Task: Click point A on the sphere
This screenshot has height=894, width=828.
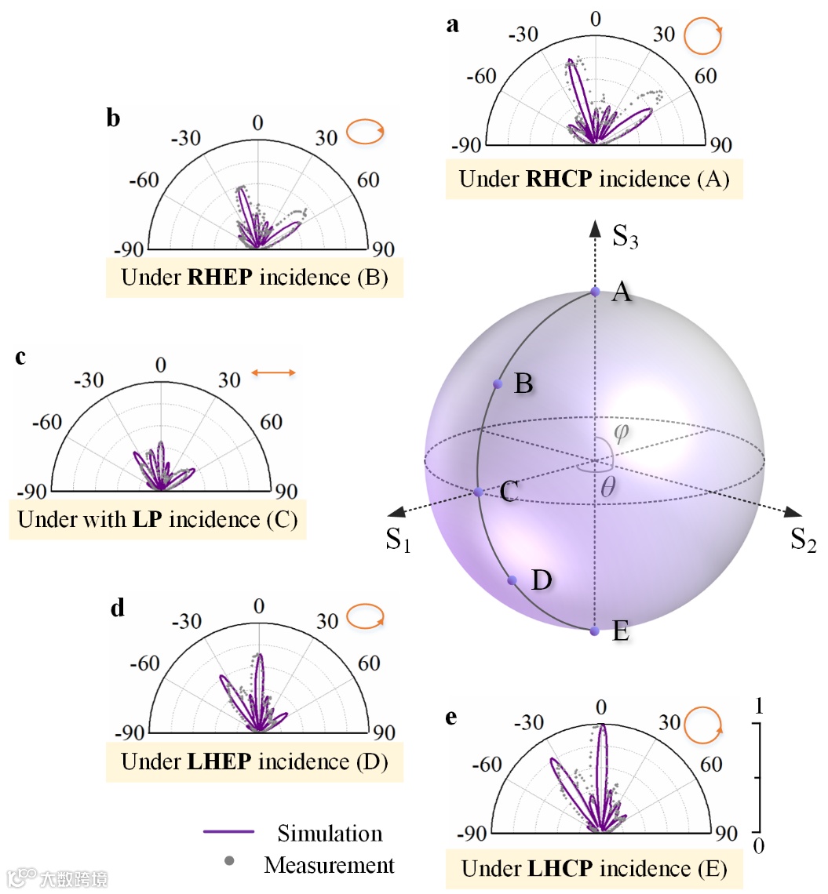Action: click(595, 292)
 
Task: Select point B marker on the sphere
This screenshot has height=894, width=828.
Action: click(498, 383)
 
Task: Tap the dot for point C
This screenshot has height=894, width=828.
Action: click(478, 492)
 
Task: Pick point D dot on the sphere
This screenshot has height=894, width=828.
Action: click(512, 580)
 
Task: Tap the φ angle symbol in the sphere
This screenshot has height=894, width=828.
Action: click(622, 432)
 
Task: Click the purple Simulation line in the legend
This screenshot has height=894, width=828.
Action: click(228, 831)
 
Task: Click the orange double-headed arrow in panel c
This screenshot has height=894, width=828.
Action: click(273, 373)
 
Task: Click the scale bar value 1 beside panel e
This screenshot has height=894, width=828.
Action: click(757, 706)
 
